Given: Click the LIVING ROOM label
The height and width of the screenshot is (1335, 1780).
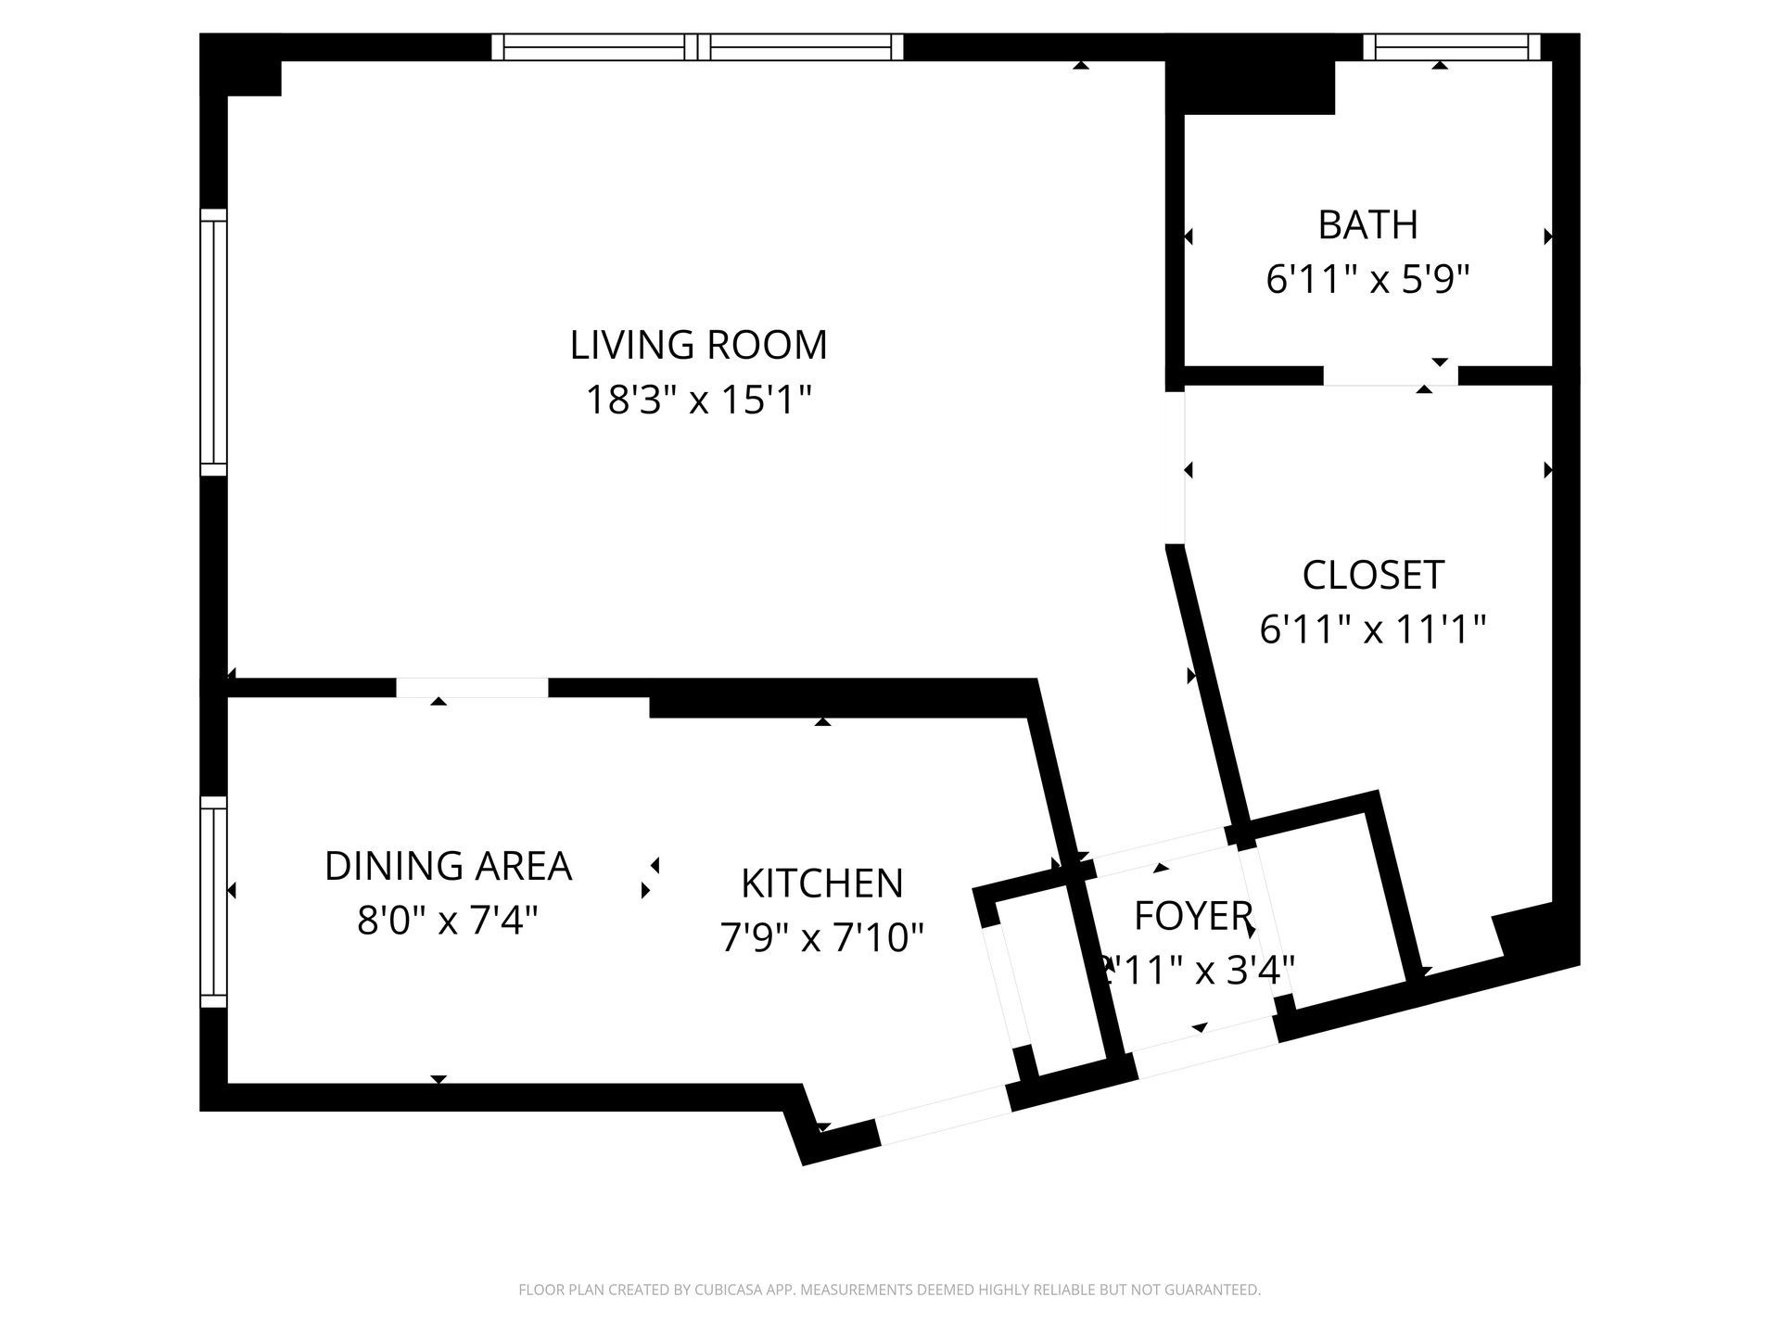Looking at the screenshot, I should point(698,345).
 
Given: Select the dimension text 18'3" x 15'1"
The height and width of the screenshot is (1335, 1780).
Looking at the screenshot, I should point(698,401).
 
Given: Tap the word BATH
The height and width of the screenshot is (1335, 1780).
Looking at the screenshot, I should point(1367,225).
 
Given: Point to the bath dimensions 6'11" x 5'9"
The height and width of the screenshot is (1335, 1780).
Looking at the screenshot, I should point(1367,279).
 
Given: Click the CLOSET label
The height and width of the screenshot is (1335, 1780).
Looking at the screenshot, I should point(1373,575).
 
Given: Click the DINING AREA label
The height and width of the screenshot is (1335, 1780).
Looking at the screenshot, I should point(448,866).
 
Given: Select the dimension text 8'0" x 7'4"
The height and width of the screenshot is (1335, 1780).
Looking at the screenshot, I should point(448,922).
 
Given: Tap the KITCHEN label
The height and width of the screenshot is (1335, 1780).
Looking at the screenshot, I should point(821,884).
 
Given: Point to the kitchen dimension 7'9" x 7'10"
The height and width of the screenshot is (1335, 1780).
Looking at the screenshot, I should point(821,938).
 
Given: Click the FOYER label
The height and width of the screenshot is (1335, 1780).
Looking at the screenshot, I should point(1193,916).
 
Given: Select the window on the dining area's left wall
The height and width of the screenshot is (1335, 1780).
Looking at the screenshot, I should point(214,901).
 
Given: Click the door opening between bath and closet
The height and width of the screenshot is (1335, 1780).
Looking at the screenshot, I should point(1390,375).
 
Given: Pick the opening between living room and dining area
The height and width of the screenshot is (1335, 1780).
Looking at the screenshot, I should point(472,688).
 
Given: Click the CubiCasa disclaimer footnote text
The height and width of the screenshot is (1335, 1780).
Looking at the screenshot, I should point(889,1290).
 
